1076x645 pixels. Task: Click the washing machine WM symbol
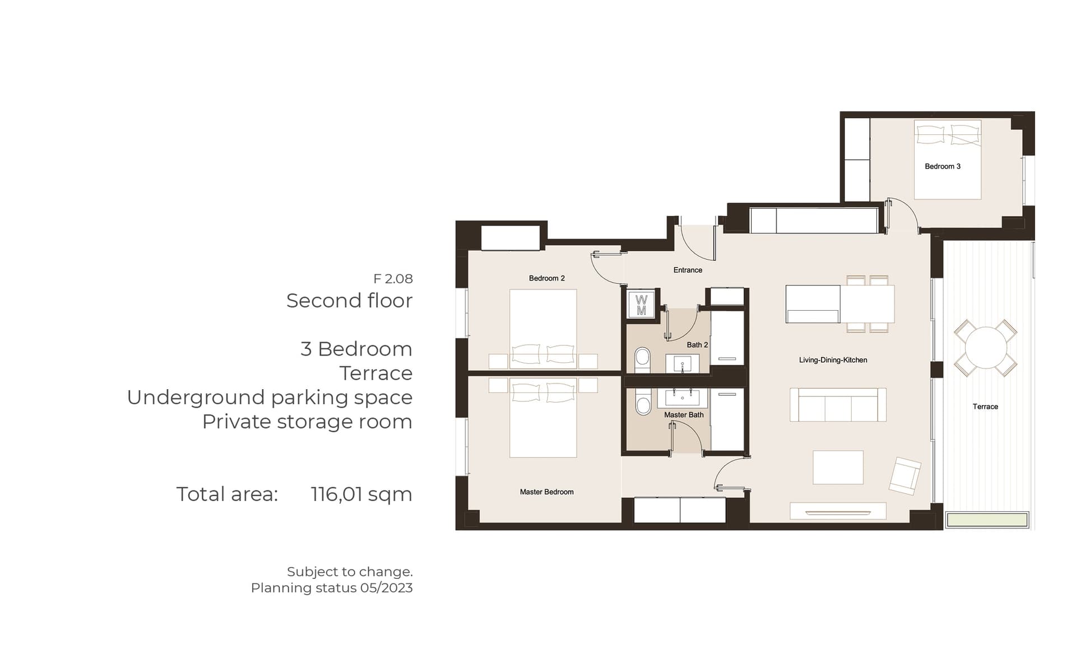tap(641, 305)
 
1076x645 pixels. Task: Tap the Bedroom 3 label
tap(943, 166)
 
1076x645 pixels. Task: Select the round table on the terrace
tap(986, 348)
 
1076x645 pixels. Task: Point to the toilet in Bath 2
tap(642, 361)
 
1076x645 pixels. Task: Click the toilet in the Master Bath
tap(643, 401)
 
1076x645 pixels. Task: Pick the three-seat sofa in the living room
tap(838, 404)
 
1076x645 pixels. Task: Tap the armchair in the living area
tap(905, 476)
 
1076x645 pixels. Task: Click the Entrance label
tap(688, 270)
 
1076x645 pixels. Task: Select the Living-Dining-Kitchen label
tap(833, 360)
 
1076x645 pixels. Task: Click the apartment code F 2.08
tap(393, 279)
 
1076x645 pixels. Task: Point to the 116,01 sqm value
tap(361, 494)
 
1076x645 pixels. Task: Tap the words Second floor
tap(349, 301)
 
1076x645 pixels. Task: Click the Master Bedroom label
tap(546, 492)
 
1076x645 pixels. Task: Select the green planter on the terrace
tap(987, 520)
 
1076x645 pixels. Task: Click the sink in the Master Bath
tap(682, 398)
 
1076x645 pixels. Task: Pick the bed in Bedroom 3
tap(948, 160)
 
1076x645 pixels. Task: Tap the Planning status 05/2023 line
tap(332, 588)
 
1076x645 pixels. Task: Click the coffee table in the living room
tap(838, 468)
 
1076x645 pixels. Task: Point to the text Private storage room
tap(307, 422)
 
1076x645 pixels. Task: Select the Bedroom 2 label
tap(546, 278)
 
